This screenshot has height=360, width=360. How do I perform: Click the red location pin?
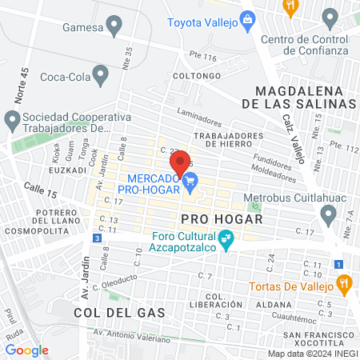point(181,162)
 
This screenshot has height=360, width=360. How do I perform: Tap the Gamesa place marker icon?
point(115,26)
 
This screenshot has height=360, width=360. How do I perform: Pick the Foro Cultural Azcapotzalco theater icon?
point(226,238)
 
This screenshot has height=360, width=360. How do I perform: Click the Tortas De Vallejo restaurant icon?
point(344,282)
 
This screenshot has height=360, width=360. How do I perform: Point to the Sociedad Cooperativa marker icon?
point(12,122)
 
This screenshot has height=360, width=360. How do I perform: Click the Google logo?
point(26,350)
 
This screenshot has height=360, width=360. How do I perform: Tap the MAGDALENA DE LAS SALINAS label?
point(304,95)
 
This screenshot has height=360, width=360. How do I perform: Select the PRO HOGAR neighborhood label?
point(211,218)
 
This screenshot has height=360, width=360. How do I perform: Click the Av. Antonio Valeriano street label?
point(132,335)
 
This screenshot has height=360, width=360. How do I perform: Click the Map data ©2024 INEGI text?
point(311,353)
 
